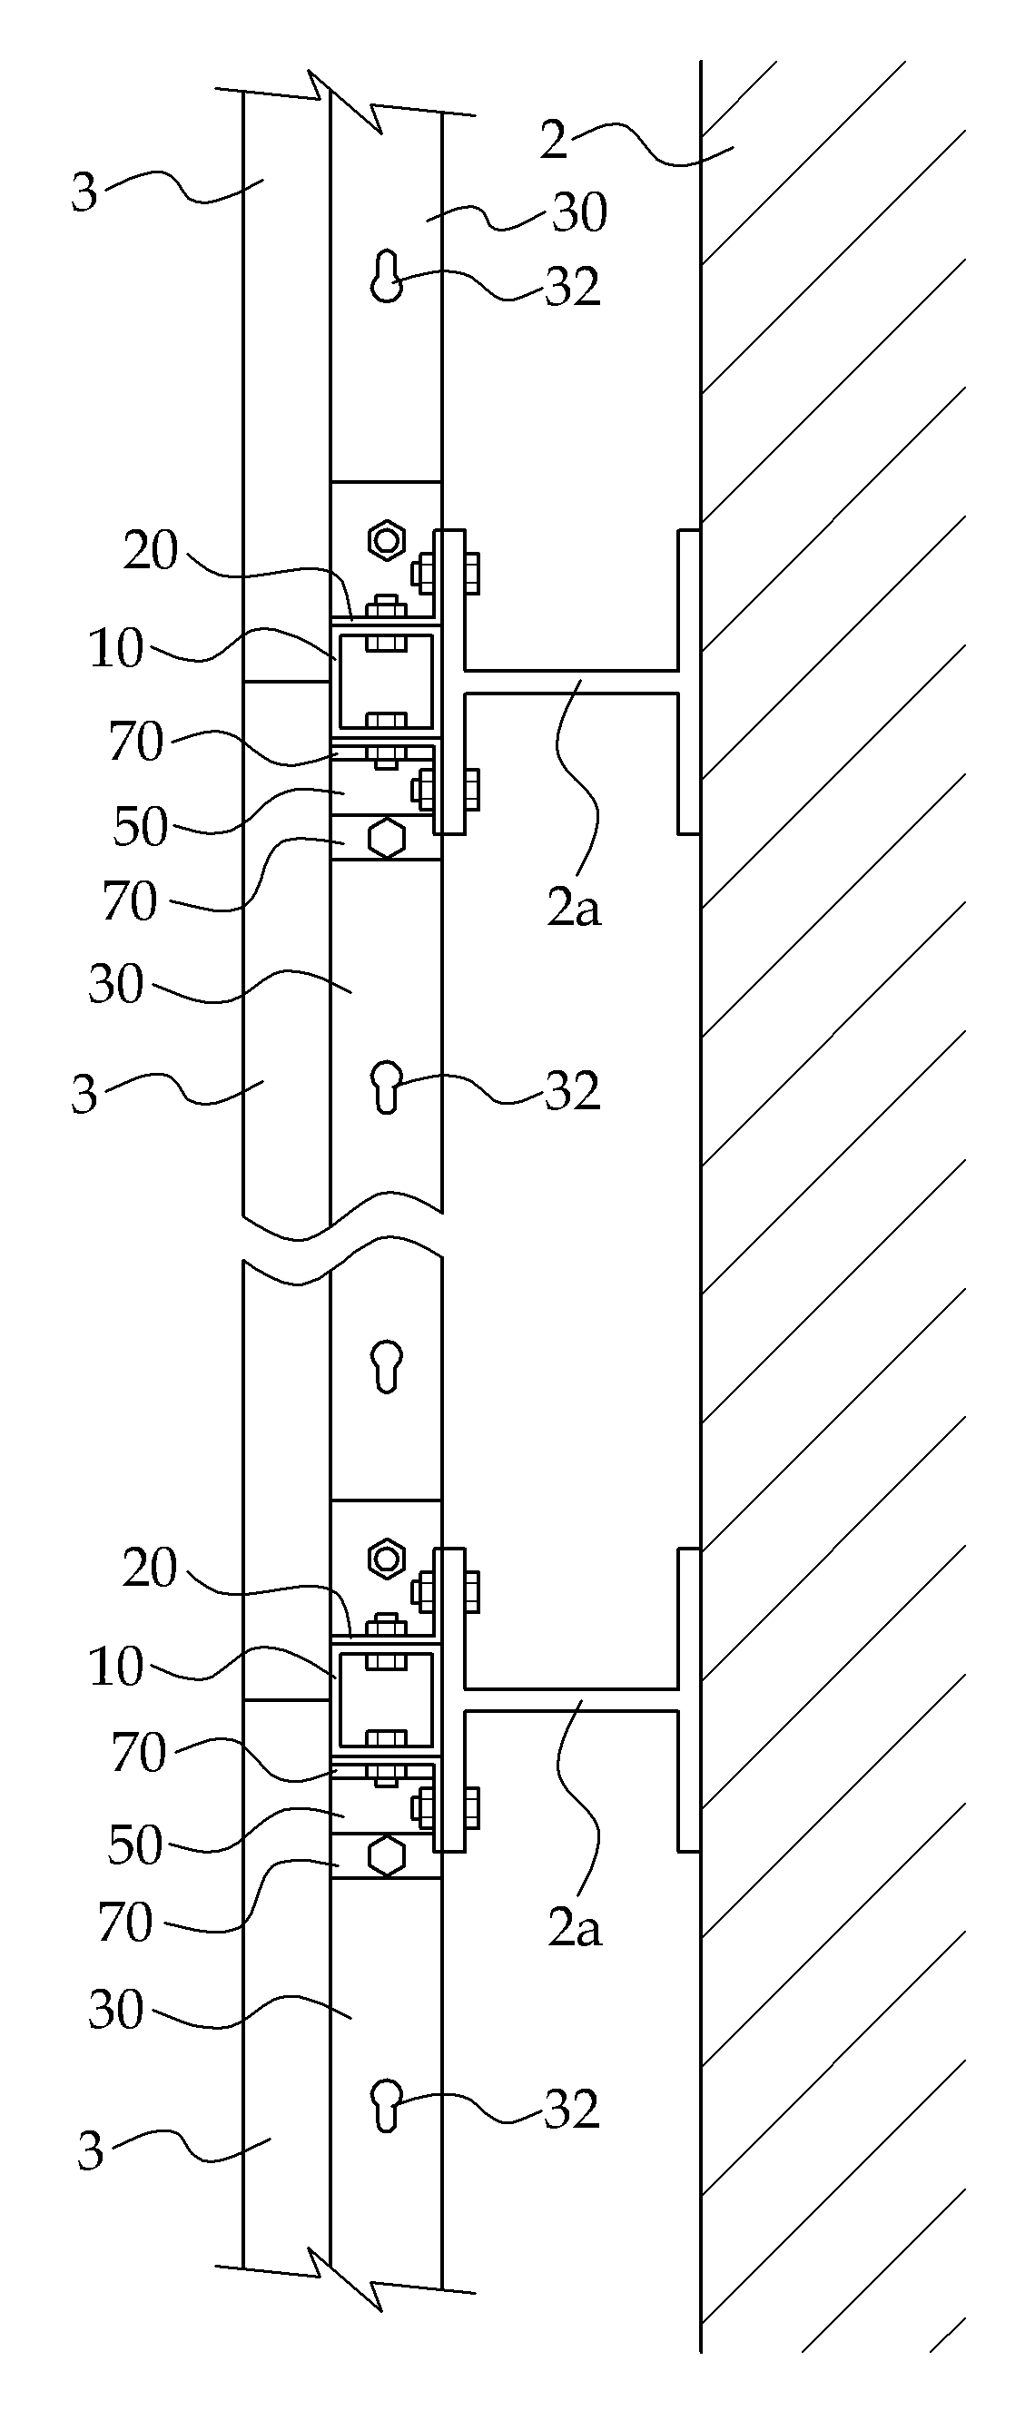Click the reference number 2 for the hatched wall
click(x=554, y=139)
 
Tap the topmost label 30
click(x=579, y=212)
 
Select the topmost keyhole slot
click(x=386, y=275)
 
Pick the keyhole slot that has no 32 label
click(x=387, y=1366)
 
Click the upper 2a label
click(x=574, y=908)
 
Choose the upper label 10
click(x=116, y=649)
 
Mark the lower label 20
click(x=150, y=1568)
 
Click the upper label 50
click(x=141, y=827)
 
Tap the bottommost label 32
click(x=573, y=2110)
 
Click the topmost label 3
click(x=84, y=192)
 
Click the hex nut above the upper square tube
click(x=386, y=540)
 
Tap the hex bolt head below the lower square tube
click(x=386, y=1854)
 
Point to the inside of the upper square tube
click(x=386, y=682)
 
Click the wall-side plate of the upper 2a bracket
click(x=689, y=682)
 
